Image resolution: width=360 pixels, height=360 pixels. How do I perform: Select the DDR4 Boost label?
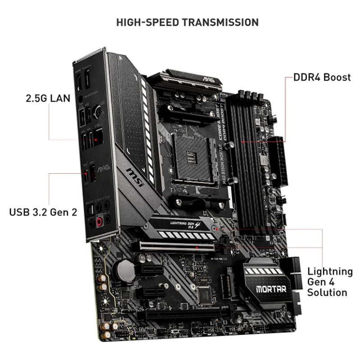coord(322,77)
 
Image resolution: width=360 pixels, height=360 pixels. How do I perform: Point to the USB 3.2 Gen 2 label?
coord(43,212)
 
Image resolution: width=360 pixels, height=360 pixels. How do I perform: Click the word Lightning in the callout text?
coord(330,271)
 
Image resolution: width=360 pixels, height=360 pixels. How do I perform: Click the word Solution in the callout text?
coord(327,292)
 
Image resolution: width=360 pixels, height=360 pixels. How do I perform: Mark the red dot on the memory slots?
coord(243,142)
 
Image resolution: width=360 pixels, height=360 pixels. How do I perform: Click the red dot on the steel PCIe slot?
coord(198,247)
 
